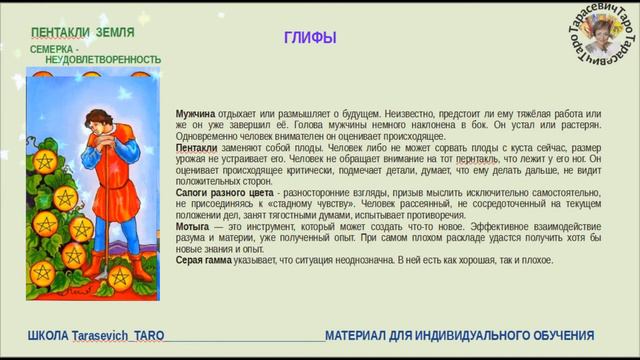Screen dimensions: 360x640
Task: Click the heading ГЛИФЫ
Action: click(x=310, y=38)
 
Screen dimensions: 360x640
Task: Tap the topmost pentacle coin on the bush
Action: click(x=47, y=160)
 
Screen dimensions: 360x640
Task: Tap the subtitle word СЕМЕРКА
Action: click(x=53, y=48)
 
